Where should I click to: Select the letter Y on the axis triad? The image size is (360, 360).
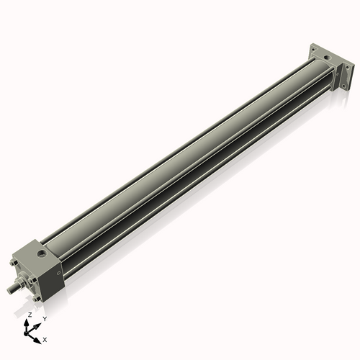44,319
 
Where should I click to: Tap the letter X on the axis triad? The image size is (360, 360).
45,338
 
